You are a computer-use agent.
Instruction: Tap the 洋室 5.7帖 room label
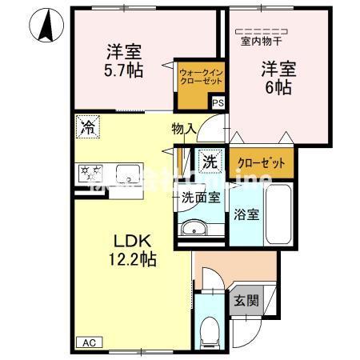pos(124,61)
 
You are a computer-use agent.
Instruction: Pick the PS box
pos(217,102)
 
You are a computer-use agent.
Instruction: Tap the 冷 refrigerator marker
pos(89,126)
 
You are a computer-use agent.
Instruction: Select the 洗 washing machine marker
pos(210,160)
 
